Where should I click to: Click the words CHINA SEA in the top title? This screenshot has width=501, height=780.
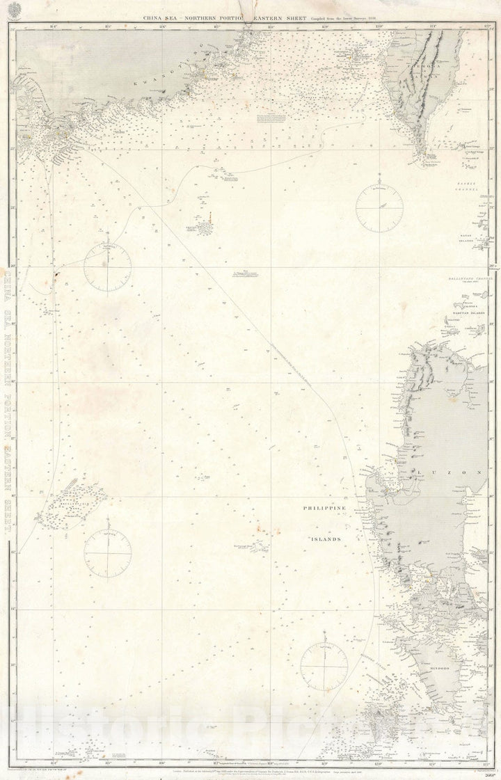point(165,19)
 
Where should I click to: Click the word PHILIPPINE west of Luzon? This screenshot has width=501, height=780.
point(325,509)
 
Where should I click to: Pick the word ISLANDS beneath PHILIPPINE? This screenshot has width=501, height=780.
point(325,539)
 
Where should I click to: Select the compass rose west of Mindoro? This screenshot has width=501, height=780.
point(324,666)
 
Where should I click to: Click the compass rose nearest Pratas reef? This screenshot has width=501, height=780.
point(108,266)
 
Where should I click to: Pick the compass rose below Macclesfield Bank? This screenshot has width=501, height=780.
point(108,554)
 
